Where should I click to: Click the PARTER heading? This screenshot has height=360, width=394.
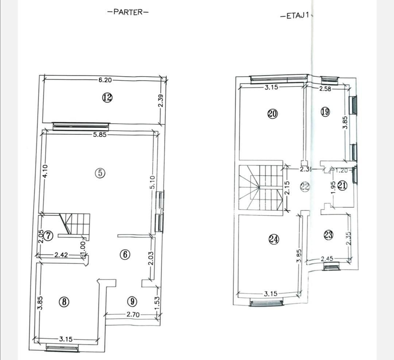pyautogui.click(x=128, y=12)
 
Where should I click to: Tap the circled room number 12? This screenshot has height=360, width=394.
pyautogui.click(x=107, y=97)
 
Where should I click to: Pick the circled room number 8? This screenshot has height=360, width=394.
pyautogui.click(x=64, y=302)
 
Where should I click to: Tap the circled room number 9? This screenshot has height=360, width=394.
pyautogui.click(x=132, y=302)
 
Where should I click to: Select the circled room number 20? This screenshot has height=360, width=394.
pyautogui.click(x=272, y=114)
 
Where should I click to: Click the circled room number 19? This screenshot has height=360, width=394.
pyautogui.click(x=325, y=112)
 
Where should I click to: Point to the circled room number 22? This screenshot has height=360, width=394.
pyautogui.click(x=305, y=187)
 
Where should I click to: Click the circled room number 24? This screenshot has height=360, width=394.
pyautogui.click(x=274, y=239)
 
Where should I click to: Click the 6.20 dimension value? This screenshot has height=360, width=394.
pyautogui.click(x=105, y=80)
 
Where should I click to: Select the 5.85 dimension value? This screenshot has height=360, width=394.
pyautogui.click(x=100, y=134)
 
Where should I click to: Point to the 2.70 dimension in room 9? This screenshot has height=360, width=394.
pyautogui.click(x=134, y=314)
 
